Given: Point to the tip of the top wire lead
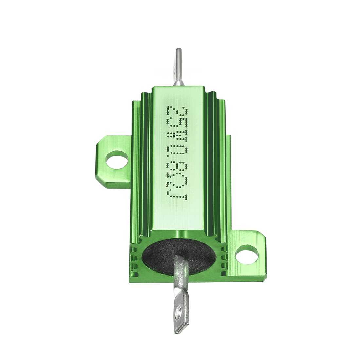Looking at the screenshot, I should click(x=178, y=51).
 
